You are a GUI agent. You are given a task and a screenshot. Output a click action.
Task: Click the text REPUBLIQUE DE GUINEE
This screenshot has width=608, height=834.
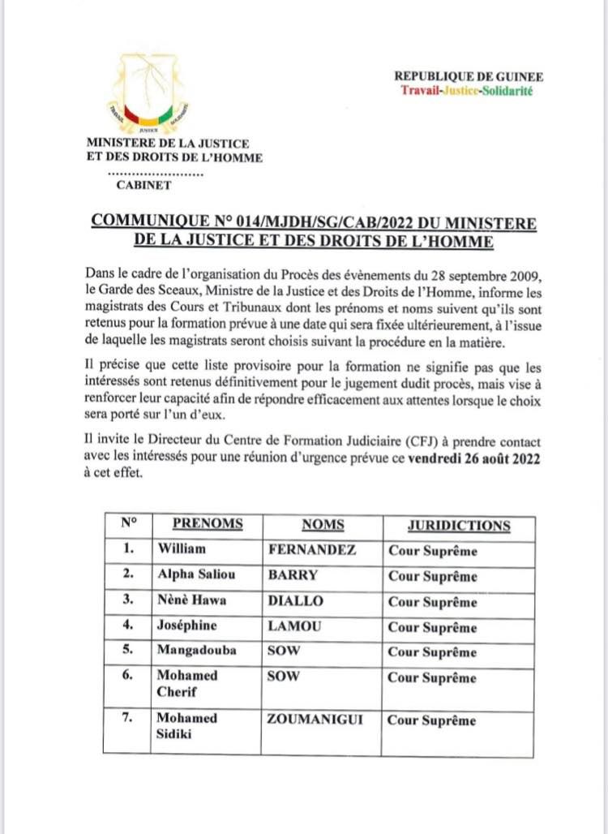click(x=469, y=76)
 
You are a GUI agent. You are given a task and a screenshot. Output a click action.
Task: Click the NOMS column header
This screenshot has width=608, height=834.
click(x=323, y=525)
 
